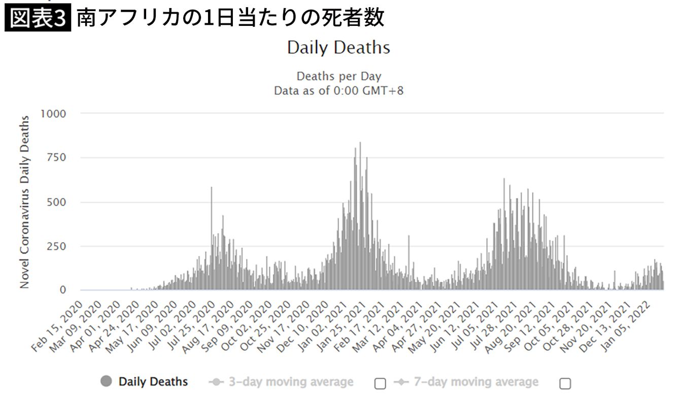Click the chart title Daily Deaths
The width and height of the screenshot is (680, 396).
[x=338, y=48]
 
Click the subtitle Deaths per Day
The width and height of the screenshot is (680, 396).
[x=338, y=77]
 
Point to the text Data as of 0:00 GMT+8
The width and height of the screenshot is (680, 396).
[x=338, y=91]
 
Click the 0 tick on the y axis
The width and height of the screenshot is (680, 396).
[x=62, y=291]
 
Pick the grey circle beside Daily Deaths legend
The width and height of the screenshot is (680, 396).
[x=107, y=381]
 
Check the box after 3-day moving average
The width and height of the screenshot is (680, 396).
[x=380, y=383]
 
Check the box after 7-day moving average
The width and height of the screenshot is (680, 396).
[x=565, y=383]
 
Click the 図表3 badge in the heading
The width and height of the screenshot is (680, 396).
[x=38, y=18]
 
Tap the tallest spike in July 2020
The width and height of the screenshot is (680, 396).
[x=211, y=189]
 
